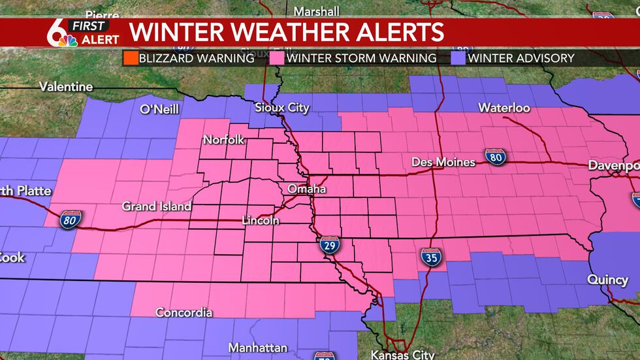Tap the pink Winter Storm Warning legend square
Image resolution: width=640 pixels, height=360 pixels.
pos(277,58)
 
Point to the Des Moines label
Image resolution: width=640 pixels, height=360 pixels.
pos(444,161)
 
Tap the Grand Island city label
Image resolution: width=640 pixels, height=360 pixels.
pos(157,206)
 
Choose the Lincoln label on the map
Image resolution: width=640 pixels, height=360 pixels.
pos(261,221)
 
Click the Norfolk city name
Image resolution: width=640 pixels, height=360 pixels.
pos(223,140)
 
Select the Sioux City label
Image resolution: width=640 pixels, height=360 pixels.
pos(282,108)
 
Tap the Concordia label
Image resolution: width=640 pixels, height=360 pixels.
pos(184,312)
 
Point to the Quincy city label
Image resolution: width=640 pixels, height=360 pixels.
pos(607,279)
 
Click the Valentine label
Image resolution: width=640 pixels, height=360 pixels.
pos(66,86)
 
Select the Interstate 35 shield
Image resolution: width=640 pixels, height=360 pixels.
pos(428,256)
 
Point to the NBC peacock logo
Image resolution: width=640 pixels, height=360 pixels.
pos(67,41)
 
